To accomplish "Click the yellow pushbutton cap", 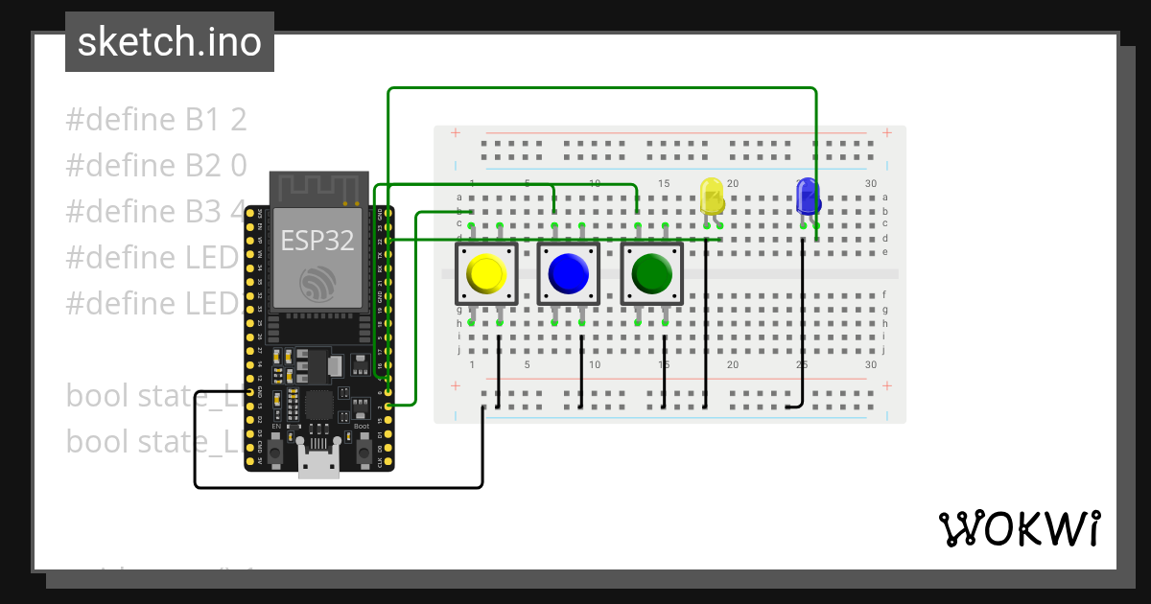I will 486,274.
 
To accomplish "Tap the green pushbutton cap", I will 652,274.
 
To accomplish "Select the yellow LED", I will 712,196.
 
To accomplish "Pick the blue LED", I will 808,197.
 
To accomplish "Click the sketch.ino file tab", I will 170,42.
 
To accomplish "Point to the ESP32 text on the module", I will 318,240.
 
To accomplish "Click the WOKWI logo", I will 1018,528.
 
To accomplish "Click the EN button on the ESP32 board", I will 276,451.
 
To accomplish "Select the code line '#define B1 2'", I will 156,120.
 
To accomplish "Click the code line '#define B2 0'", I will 156,166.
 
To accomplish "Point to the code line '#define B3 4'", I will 153,212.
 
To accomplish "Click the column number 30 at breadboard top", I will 871,183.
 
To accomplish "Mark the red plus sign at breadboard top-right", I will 887,132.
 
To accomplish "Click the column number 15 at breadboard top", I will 664,183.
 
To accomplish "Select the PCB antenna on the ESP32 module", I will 318,188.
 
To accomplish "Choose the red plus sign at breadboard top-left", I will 455,132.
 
